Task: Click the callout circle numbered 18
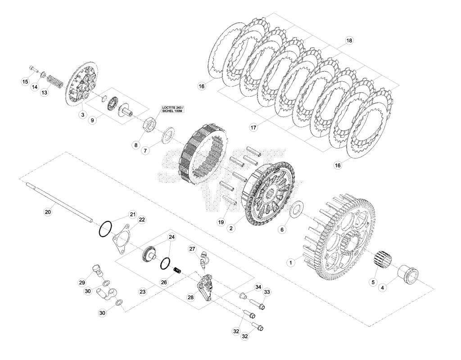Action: pos(349,40)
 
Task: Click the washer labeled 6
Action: pos(297,210)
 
